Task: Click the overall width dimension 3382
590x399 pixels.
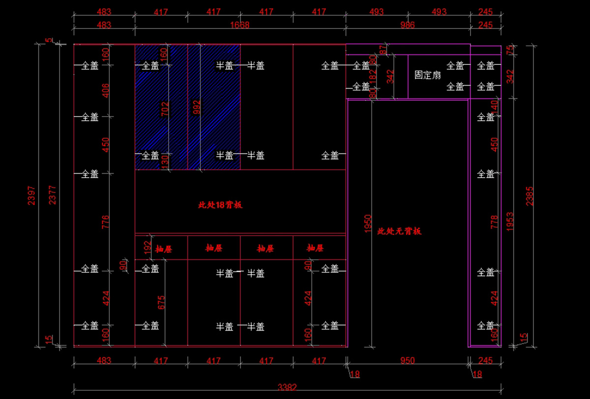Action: tap(287, 387)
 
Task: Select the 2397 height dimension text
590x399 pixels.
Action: tap(31, 195)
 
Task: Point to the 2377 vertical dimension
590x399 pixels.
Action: tap(53, 195)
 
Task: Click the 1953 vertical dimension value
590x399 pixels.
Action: tap(510, 221)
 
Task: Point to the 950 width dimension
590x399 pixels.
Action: tap(407, 361)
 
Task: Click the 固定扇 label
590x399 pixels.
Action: tap(427, 75)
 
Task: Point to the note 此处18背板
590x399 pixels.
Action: tap(220, 205)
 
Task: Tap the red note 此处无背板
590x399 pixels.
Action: tap(399, 231)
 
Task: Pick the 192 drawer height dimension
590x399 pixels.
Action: tap(147, 247)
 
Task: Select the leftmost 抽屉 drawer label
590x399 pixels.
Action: tap(164, 249)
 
